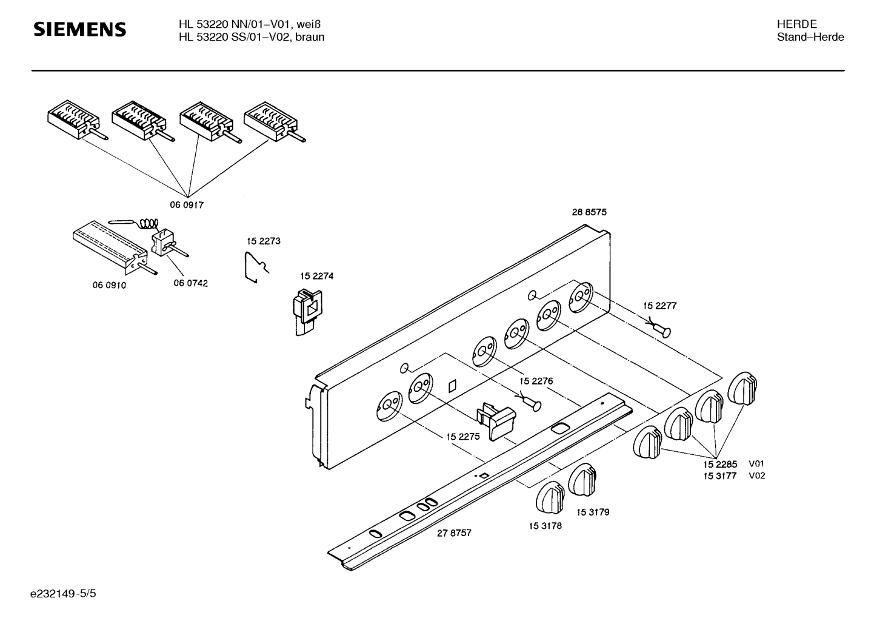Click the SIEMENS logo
[x=79, y=29]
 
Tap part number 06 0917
[x=186, y=205]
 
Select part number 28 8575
[x=589, y=212]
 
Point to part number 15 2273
[x=263, y=241]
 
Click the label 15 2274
[x=316, y=276]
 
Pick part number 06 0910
[x=109, y=285]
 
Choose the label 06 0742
[x=190, y=283]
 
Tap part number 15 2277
[x=659, y=306]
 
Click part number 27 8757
[x=454, y=533]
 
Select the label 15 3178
[x=545, y=526]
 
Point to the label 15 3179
[x=593, y=512]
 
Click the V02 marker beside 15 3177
[x=756, y=475]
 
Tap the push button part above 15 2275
[x=496, y=419]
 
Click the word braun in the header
[x=310, y=37]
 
